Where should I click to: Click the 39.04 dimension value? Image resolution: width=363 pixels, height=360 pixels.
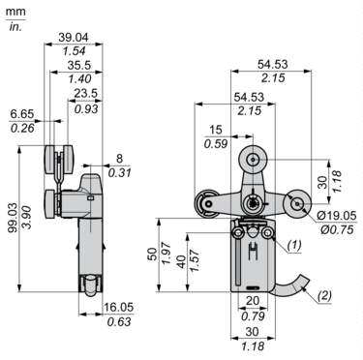74,38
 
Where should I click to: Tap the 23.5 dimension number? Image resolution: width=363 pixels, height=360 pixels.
85,93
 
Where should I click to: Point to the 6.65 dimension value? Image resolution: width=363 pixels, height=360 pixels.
22,114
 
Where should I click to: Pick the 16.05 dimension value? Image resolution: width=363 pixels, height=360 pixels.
118,308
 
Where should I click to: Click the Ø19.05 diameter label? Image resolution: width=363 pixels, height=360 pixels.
337,216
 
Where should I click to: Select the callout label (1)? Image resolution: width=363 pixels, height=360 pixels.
294,245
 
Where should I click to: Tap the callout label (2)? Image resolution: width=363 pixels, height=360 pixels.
324,295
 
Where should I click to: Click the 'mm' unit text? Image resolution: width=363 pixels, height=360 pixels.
15,12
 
